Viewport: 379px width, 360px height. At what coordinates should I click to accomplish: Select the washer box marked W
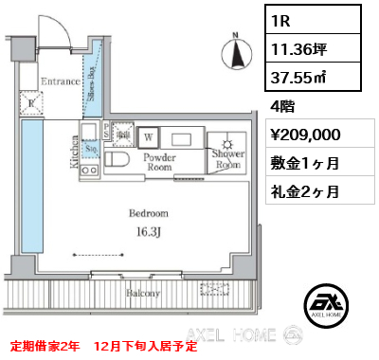point(150,136)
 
